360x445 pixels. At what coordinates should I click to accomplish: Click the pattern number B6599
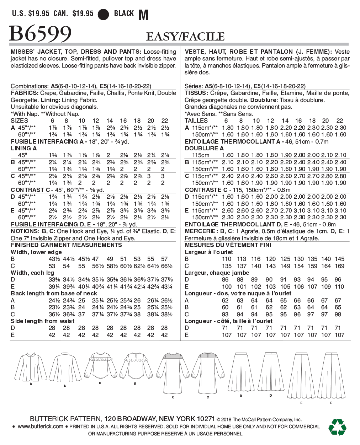40,34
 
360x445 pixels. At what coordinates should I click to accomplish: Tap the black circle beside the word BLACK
103,14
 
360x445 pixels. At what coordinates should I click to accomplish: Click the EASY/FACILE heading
185,36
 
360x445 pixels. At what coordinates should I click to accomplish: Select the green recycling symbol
337,427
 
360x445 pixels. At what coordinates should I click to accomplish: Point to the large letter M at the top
143,15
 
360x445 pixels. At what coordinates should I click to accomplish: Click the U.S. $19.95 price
31,14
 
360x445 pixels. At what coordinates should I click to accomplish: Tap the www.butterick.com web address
40,427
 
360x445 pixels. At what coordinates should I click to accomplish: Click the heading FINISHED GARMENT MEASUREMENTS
66,245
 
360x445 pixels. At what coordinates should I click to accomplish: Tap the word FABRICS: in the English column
25,93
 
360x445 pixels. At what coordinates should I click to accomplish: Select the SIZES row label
20,121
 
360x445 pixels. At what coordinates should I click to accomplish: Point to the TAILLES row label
196,121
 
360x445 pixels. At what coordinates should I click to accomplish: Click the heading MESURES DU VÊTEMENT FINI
228,245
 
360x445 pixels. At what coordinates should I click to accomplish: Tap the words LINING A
24,148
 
